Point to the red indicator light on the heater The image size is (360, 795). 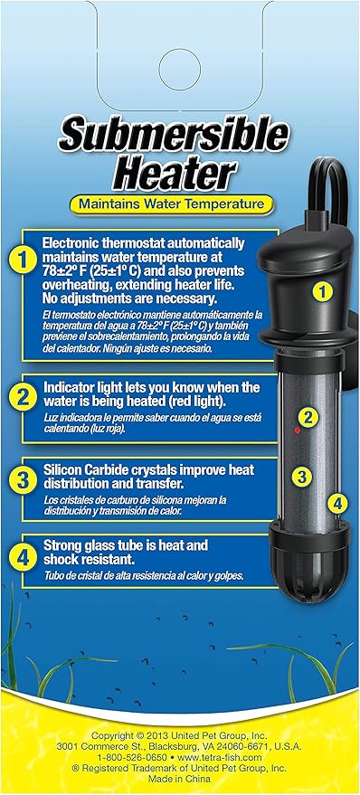[296, 433]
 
